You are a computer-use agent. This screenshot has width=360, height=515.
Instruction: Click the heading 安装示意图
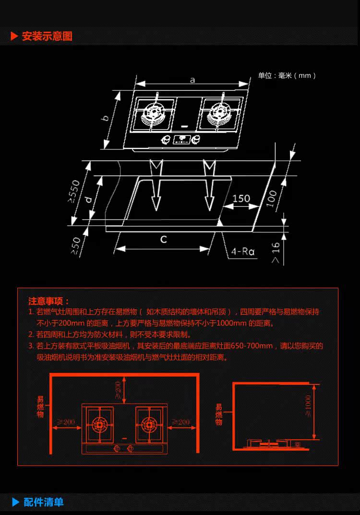(47, 37)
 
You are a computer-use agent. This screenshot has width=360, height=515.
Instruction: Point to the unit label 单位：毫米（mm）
(287, 75)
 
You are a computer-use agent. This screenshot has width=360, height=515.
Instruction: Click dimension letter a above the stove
(192, 80)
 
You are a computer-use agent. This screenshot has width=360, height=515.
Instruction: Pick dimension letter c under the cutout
(164, 239)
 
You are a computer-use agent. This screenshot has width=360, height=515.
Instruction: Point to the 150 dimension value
(241, 198)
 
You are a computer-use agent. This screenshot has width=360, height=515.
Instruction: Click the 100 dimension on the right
(272, 198)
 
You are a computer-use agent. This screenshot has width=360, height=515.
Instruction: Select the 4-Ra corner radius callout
(242, 251)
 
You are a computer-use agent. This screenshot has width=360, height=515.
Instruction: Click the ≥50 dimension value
(76, 245)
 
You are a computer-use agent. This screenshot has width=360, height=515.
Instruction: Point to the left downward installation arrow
(156, 187)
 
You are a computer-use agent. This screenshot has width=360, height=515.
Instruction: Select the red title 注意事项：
(49, 301)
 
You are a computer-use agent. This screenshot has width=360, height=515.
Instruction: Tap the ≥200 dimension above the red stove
(118, 390)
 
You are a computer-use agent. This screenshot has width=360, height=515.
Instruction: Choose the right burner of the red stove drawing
(148, 425)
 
